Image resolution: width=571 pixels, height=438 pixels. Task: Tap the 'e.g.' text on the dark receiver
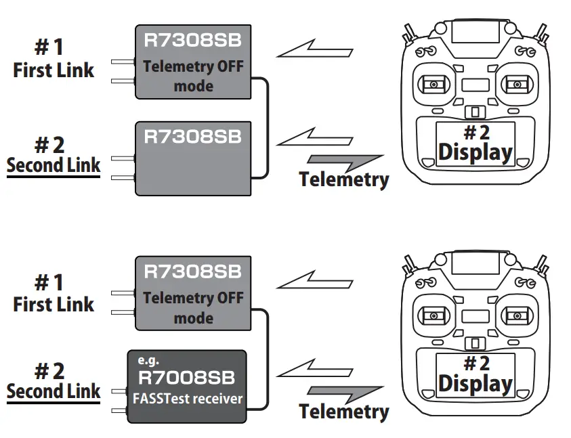148,361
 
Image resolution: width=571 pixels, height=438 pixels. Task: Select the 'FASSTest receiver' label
188,399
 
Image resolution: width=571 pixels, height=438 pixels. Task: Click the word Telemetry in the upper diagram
343,179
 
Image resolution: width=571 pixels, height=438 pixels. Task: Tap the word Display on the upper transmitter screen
475,152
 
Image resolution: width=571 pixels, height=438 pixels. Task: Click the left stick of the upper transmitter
432,85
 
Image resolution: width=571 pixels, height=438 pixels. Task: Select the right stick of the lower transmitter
516,315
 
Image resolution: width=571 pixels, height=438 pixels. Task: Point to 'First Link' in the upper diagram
54,70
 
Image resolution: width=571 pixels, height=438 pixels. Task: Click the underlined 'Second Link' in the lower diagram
54,391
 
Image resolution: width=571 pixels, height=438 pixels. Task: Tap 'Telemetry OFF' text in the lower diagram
193,298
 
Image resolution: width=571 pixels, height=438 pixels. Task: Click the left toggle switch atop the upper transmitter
409,32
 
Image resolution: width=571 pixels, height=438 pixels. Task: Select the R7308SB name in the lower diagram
193,271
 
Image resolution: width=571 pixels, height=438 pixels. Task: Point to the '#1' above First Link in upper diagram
49,48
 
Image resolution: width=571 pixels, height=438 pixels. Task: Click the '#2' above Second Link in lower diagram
49,370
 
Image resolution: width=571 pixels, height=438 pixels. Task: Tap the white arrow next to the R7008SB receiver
316,369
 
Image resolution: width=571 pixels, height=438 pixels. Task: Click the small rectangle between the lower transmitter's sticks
475,316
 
